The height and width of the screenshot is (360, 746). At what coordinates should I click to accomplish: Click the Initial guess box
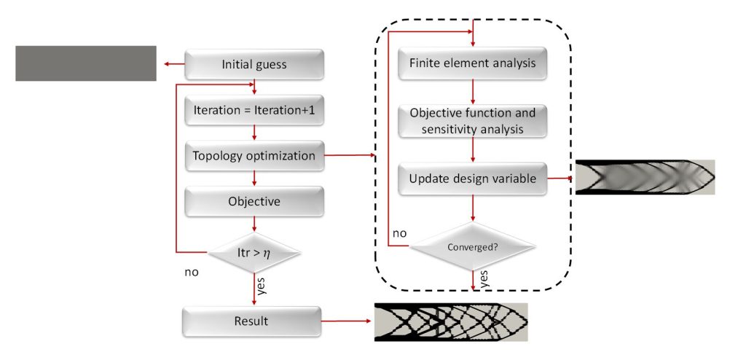click(x=254, y=64)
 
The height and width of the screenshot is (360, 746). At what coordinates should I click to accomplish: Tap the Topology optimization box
click(x=254, y=155)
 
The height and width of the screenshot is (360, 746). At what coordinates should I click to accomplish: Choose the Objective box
click(x=254, y=201)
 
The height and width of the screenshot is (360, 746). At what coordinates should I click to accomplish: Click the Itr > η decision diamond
click(x=254, y=252)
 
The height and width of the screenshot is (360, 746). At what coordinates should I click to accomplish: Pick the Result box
click(x=252, y=321)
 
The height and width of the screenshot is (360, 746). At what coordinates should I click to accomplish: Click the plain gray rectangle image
click(x=86, y=63)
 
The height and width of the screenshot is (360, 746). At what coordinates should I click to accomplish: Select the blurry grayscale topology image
click(x=645, y=177)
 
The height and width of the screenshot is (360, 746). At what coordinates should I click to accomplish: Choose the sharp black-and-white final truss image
click(x=450, y=321)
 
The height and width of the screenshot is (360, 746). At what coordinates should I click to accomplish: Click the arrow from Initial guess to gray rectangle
click(x=174, y=64)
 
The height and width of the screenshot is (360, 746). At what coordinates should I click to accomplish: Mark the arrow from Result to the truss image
click(x=347, y=321)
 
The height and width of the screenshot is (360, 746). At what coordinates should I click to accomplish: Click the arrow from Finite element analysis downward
click(x=474, y=91)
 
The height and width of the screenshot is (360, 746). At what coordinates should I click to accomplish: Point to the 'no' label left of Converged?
click(x=399, y=233)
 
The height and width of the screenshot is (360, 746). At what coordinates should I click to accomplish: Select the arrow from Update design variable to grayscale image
click(x=561, y=177)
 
